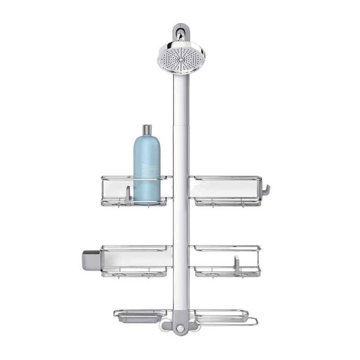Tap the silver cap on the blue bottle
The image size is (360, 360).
[147, 130]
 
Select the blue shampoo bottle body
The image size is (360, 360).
[147, 169]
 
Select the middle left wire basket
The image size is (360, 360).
[135, 260]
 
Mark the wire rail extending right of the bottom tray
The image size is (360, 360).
[253, 322]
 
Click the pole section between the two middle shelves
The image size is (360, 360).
[180, 225]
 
